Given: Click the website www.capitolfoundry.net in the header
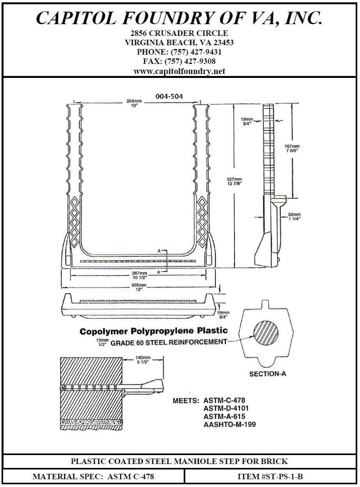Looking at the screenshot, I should (179, 71).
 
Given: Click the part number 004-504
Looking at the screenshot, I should (169, 96).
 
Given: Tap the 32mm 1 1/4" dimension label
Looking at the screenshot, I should (294, 217).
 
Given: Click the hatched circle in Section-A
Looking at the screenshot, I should (266, 336).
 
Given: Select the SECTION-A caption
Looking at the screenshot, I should (268, 374).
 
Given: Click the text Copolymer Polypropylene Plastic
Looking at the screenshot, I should (154, 332).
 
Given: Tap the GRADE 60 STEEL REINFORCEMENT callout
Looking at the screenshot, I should (169, 342).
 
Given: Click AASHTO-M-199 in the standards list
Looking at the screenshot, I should (229, 424).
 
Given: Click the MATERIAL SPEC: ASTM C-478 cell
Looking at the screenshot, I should (94, 476).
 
